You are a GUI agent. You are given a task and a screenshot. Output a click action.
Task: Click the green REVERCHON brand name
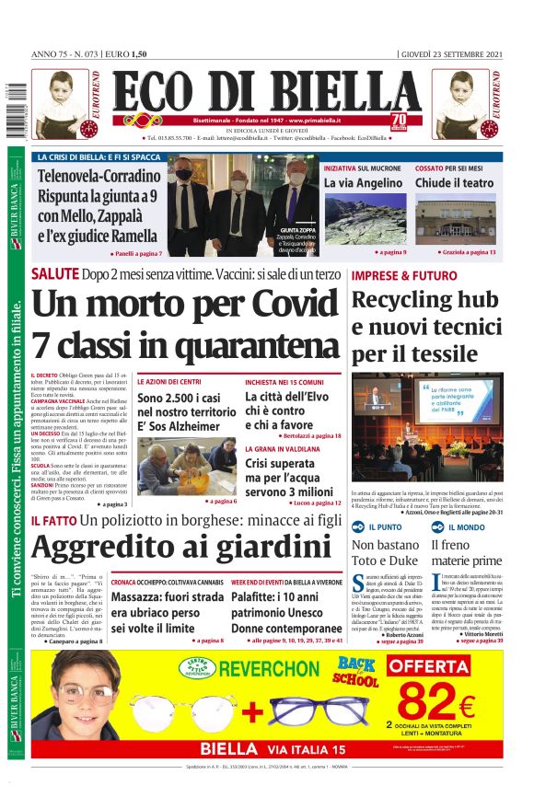(x=270, y=668)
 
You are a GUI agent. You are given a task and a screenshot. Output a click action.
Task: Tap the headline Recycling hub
(x=426, y=300)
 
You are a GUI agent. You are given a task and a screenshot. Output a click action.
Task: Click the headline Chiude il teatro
(x=454, y=183)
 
